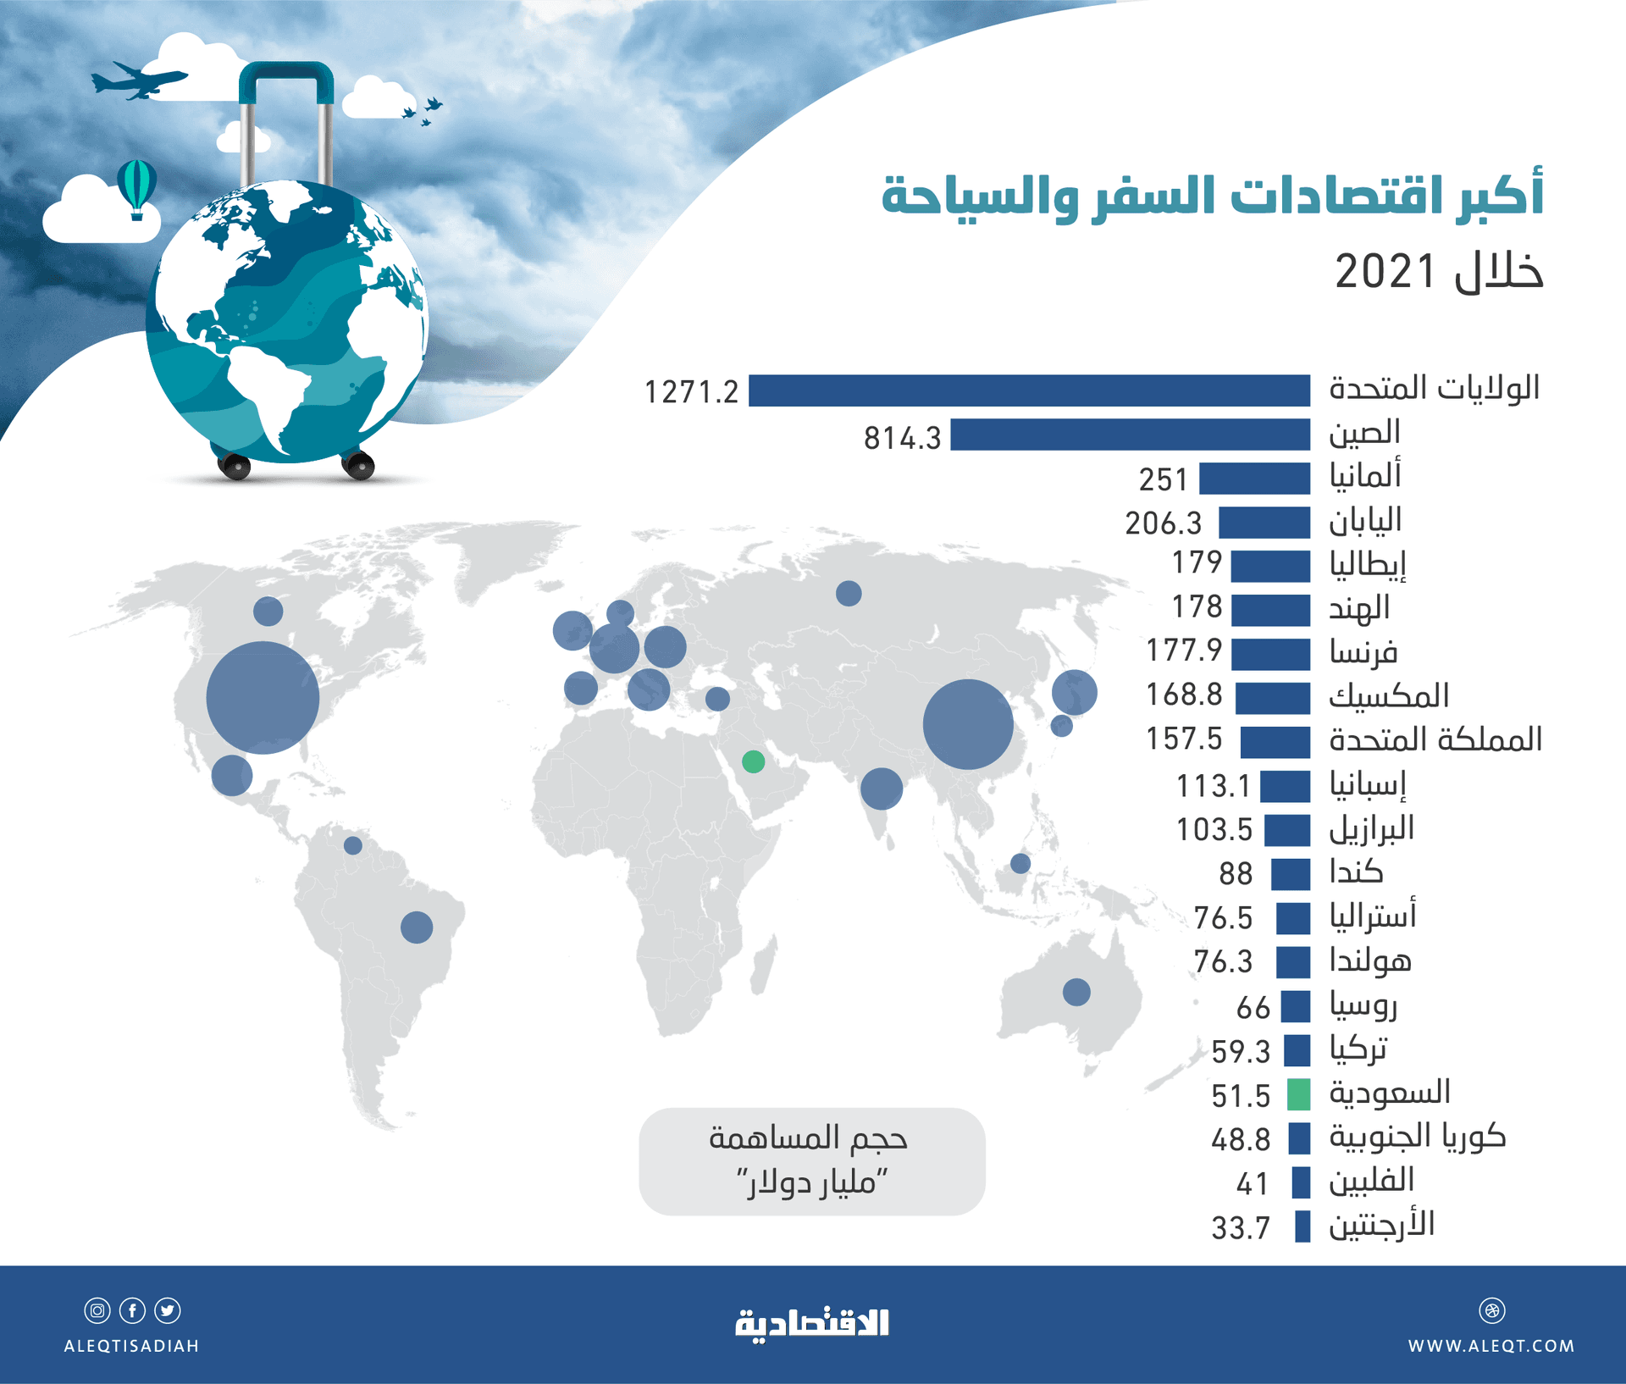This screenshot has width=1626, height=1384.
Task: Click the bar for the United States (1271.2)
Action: click(x=1029, y=390)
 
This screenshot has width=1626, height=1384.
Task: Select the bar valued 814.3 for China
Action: click(x=1130, y=435)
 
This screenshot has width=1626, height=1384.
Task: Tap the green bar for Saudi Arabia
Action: click(x=1298, y=1094)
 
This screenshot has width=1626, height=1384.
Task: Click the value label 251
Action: click(x=1163, y=479)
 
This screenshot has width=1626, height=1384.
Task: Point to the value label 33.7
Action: click(x=1241, y=1227)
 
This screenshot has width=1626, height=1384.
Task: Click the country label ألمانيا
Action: click(x=1365, y=475)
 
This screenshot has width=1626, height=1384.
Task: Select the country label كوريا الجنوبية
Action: click(x=1417, y=1136)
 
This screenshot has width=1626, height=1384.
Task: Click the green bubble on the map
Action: click(x=753, y=761)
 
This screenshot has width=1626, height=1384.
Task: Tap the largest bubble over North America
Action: click(x=263, y=697)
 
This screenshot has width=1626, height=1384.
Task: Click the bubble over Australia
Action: click(x=1076, y=991)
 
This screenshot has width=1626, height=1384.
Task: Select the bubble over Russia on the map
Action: click(x=849, y=593)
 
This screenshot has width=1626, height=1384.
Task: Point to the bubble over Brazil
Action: click(x=417, y=927)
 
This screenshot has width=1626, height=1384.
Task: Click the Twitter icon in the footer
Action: click(x=168, y=1310)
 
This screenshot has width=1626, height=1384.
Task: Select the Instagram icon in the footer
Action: click(x=97, y=1310)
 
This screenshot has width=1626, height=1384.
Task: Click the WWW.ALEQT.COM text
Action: click(x=1490, y=1346)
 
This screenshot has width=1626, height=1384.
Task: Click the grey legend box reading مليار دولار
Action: click(x=811, y=1161)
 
